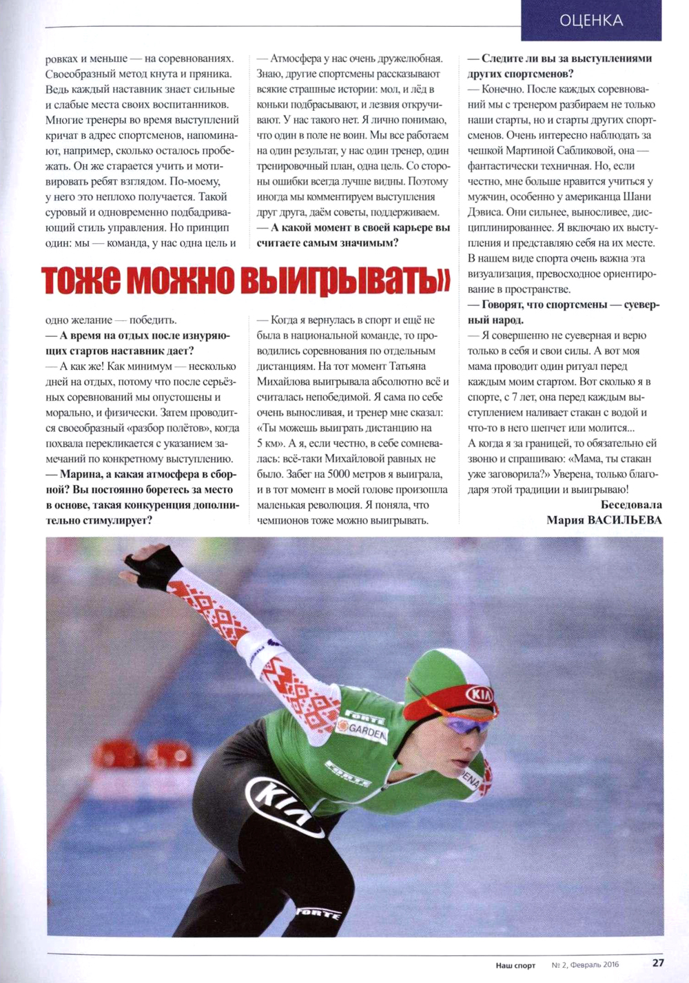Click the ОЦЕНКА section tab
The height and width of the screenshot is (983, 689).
tap(591, 21)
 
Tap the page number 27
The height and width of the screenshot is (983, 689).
tap(658, 962)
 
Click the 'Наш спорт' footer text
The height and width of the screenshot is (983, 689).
tap(515, 965)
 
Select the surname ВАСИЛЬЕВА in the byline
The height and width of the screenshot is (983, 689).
tap(624, 520)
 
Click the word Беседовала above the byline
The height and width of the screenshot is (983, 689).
tap(631, 505)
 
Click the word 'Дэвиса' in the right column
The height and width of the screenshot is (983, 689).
tap(484, 212)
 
